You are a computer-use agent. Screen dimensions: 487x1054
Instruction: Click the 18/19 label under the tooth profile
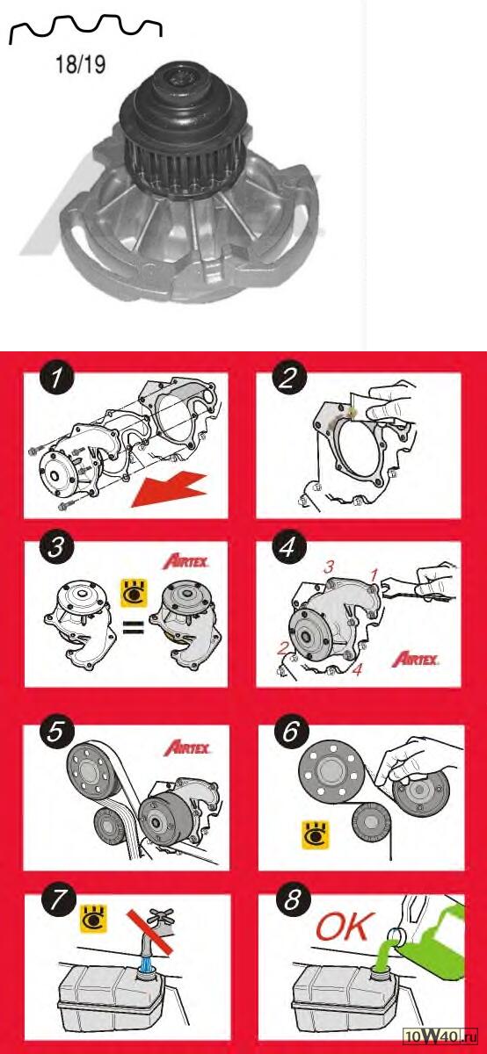(80, 64)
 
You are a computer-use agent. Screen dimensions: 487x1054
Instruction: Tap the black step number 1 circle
(57, 379)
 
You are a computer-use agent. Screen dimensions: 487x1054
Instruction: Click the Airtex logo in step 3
(186, 561)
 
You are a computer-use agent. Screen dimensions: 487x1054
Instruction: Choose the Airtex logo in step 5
(187, 747)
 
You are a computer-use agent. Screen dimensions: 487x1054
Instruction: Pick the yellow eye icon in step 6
(316, 835)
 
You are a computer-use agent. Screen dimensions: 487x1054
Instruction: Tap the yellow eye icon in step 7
(94, 918)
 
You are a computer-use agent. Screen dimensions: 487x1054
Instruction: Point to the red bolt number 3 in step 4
(328, 567)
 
